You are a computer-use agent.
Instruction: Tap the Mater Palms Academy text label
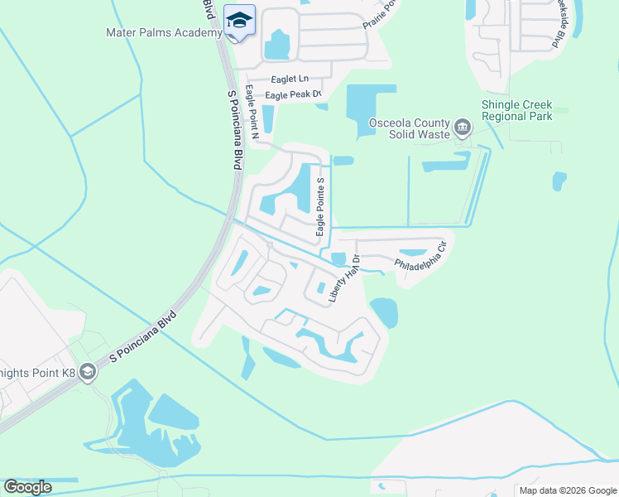tap(164, 33)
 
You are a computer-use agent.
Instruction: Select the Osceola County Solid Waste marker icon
tap(461, 128)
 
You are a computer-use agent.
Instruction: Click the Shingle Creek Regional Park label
tap(517, 111)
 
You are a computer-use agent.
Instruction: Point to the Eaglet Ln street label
tap(289, 80)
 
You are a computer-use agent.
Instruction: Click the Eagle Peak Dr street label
tap(293, 95)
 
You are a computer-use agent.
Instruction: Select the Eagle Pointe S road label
tap(320, 204)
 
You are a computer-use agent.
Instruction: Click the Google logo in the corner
tap(27, 487)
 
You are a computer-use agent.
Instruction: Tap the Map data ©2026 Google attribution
tap(569, 490)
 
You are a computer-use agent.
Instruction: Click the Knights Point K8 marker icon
tap(87, 374)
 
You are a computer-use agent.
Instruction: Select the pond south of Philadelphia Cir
tap(384, 312)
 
